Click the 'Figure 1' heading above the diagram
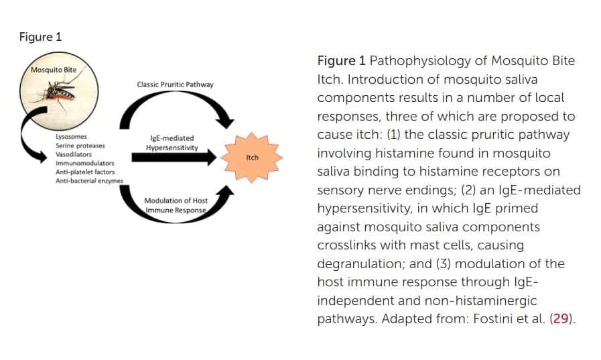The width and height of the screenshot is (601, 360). click(40, 37)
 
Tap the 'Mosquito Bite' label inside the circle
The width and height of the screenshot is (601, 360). click(54, 70)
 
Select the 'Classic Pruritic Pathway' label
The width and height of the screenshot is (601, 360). click(175, 84)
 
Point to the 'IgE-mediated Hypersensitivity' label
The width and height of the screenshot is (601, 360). click(172, 143)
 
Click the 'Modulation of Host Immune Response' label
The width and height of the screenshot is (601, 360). click(176, 205)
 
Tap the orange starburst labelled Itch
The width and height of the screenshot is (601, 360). click(252, 158)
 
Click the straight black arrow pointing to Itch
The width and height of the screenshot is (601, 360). click(174, 157)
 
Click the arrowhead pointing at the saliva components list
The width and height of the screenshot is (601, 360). click(41, 156)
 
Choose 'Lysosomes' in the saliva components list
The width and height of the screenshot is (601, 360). click(71, 137)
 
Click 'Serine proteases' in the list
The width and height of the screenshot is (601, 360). click(80, 145)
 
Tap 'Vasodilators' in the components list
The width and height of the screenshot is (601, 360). click(74, 154)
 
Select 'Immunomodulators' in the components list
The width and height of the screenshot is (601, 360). click(84, 163)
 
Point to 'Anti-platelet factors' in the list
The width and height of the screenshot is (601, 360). click(85, 172)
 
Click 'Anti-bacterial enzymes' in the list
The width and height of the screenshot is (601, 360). click(89, 180)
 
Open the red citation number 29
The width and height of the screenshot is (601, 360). click(561, 318)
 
